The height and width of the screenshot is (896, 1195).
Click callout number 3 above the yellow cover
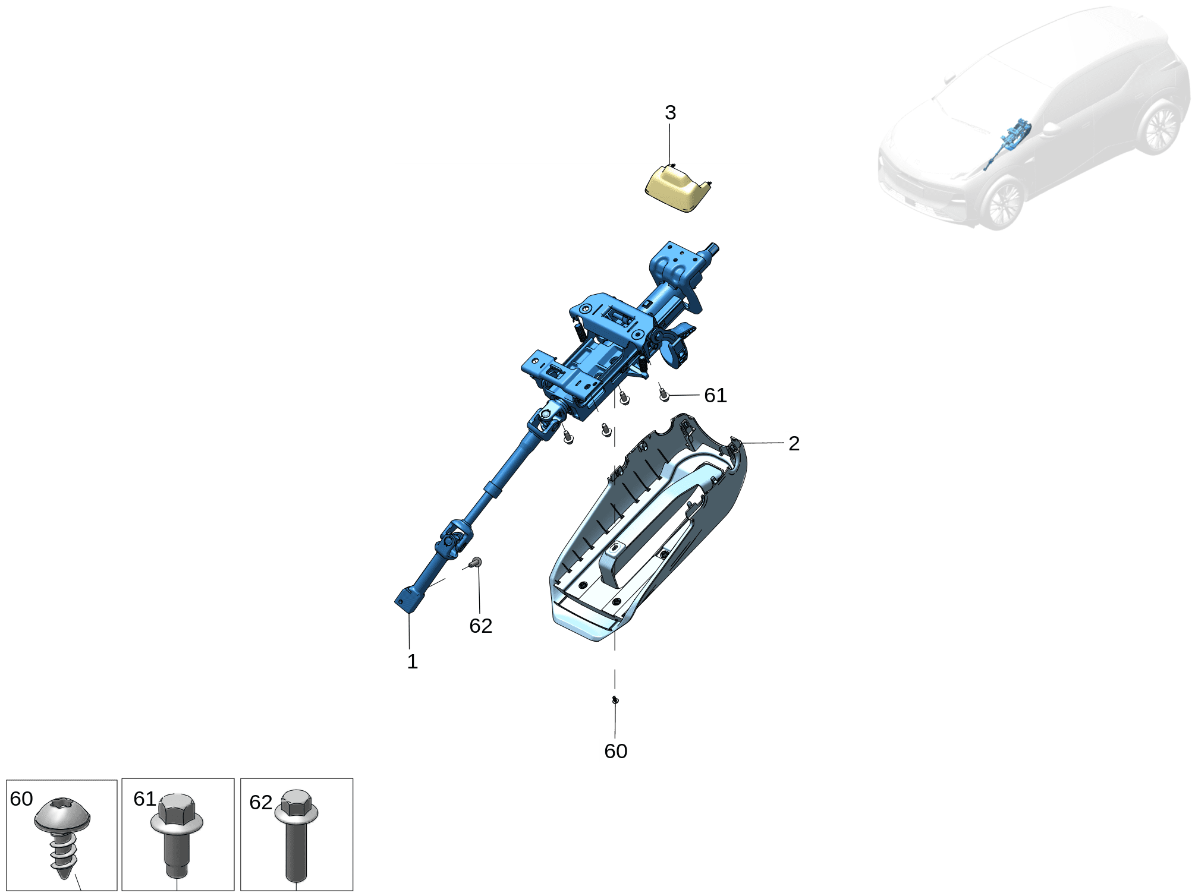click(x=670, y=112)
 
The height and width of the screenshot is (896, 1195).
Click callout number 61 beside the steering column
click(x=715, y=395)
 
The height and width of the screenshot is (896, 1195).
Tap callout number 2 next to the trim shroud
click(x=794, y=443)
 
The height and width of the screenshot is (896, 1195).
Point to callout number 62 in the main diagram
click(x=480, y=626)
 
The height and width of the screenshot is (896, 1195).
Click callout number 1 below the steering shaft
click(x=412, y=661)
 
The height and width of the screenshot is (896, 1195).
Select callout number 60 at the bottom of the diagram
click(x=615, y=751)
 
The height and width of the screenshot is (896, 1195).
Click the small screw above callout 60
click(x=615, y=700)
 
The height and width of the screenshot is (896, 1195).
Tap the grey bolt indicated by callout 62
click(x=475, y=562)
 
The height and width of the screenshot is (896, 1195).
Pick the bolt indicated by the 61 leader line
click(x=664, y=394)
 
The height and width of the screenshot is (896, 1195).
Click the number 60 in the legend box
click(x=21, y=799)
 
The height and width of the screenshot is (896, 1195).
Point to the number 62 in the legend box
click(x=260, y=802)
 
